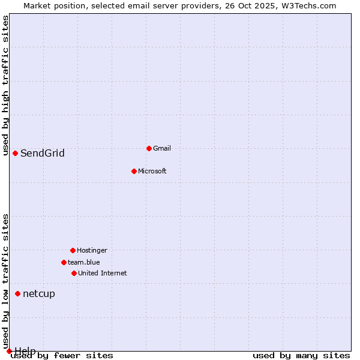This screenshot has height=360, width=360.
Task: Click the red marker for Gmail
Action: coord(149,148)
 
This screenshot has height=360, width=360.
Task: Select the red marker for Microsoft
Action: coord(134,171)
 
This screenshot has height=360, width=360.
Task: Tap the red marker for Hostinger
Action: coord(73,250)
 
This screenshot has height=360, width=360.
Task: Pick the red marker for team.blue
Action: coord(64,262)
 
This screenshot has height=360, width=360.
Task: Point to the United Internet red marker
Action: coord(74,273)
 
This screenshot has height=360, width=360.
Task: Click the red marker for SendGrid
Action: coord(15,153)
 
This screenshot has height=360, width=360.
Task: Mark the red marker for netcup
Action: coord(17,293)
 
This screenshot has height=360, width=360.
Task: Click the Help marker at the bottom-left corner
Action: coord(9,351)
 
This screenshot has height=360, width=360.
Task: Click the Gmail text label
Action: coord(162,148)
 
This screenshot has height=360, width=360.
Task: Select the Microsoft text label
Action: coord(152,171)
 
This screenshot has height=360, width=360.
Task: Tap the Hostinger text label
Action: coord(92,250)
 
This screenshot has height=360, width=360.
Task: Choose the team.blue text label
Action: coord(84,262)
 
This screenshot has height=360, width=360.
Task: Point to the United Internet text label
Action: coord(103,273)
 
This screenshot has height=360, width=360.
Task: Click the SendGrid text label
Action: coord(43,153)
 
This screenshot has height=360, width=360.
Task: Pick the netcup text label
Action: coord(39,293)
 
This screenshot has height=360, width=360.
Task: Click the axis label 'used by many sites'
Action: coord(301,355)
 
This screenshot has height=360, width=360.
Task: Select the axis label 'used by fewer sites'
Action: coord(62,355)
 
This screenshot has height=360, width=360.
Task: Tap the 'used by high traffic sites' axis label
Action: coord(6,86)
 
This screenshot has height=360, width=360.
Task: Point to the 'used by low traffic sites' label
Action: coord(6,281)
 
